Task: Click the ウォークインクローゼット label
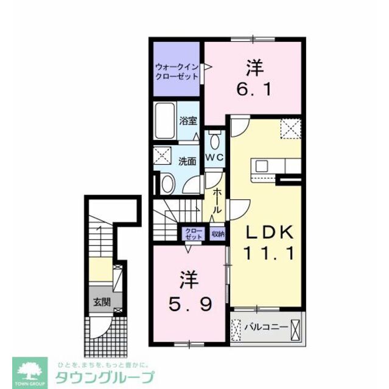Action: pos(177,72)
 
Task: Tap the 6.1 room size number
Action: pos(254,89)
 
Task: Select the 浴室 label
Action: pos(188,120)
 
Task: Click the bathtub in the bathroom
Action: pos(164,120)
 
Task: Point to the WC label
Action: pos(215,157)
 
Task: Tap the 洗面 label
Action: pos(187,161)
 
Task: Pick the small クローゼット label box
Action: pos(194,233)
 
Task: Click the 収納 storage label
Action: pos(217,233)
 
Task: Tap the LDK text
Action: pos(269,232)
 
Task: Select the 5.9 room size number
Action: pos(191,304)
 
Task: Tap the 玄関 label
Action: pos(102,302)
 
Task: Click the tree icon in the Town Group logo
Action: pos(30,370)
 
